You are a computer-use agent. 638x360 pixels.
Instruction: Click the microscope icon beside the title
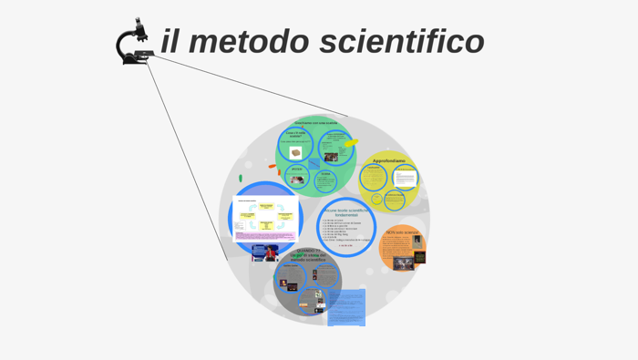(133, 44)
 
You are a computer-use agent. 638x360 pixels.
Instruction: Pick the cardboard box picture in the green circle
(295, 152)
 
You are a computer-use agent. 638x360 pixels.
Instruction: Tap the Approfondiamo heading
(388, 160)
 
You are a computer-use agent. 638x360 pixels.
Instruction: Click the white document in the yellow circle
(405, 177)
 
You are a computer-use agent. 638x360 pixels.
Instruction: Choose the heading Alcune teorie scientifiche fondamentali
(346, 212)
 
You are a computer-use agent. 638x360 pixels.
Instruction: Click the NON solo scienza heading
(402, 232)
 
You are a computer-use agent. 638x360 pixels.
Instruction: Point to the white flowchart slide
(265, 218)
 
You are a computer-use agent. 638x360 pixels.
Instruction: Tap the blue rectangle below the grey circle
(346, 308)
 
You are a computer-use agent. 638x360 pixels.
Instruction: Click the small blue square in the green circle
(314, 164)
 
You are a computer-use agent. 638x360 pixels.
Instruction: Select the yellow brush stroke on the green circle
(351, 142)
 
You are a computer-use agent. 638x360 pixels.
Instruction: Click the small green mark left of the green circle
(241, 178)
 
